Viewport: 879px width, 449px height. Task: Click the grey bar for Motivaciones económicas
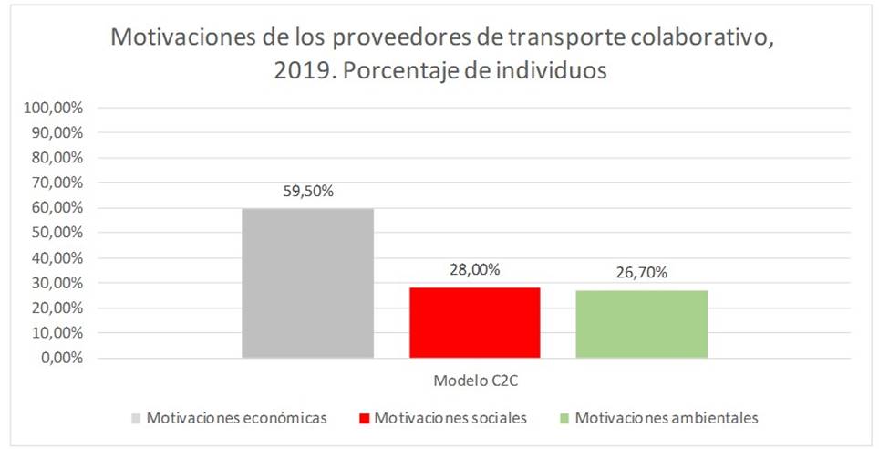tap(307, 283)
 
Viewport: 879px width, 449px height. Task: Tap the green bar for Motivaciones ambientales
tap(642, 324)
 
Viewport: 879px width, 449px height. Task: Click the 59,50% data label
tap(307, 193)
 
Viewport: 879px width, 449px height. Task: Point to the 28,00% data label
tap(475, 270)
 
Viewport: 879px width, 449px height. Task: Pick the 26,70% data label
tap(642, 274)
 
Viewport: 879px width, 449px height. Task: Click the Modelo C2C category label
tap(474, 378)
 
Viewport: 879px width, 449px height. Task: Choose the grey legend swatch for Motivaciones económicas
tap(136, 419)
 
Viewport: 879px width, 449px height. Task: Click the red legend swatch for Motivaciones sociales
tap(365, 419)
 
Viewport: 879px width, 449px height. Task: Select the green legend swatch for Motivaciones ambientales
tap(564, 419)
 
